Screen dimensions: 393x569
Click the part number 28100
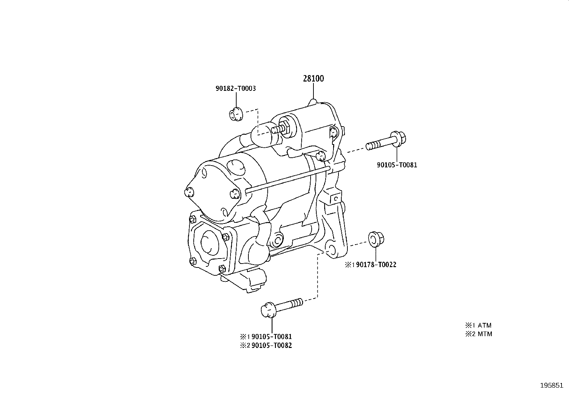(x=313, y=79)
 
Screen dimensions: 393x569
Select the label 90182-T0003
(x=236, y=88)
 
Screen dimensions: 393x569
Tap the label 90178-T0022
(x=376, y=265)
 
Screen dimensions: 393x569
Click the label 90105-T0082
(x=272, y=345)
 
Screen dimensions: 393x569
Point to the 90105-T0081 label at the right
(x=397, y=165)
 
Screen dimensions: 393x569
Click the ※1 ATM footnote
(x=478, y=325)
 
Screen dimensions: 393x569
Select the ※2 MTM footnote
(x=478, y=334)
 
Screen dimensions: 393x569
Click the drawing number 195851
(x=551, y=385)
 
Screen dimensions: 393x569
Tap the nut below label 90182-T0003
(x=236, y=115)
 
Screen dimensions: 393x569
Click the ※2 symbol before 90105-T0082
(x=244, y=345)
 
